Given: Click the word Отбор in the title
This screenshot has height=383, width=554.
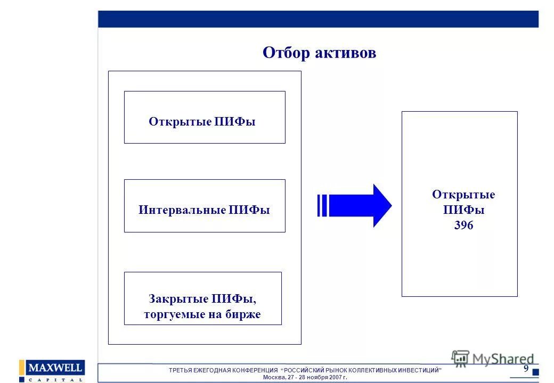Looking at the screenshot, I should tap(288, 53).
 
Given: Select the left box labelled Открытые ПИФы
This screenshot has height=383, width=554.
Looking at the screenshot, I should tap(205, 117).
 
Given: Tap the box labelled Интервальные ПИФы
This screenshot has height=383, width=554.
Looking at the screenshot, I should tap(205, 205).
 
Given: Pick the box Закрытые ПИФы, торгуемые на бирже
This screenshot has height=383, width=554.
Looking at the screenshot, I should tap(202, 298).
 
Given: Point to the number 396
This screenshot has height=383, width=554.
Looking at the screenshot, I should tap(463, 226).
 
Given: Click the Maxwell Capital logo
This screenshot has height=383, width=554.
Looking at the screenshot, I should tap(52, 371).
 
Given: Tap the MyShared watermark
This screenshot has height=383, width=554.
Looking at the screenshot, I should tap(493, 359).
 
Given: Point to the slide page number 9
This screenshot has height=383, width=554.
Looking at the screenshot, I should tap(526, 369).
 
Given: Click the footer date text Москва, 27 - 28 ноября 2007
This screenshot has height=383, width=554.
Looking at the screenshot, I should tap(305, 377).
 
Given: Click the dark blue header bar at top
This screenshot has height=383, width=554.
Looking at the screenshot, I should tap(318, 19).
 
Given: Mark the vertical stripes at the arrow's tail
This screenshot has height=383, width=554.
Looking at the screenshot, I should tap(322, 205).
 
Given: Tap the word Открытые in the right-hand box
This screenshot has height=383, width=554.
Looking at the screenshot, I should tap(463, 195).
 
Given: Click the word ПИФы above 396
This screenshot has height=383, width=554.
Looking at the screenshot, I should tap(463, 210).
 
